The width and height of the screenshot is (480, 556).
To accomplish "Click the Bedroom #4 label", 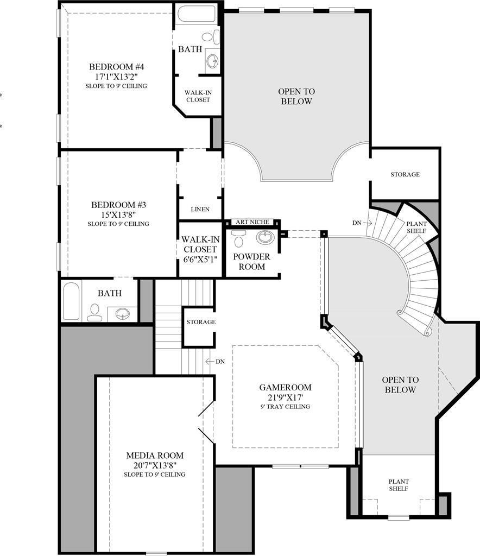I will point(117,67).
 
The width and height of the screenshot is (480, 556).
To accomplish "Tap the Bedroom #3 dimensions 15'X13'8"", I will point(118,214).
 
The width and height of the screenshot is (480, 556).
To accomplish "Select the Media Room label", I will point(155,456).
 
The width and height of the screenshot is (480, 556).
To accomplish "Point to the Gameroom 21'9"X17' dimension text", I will point(285,397).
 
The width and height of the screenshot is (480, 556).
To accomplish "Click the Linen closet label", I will point(200,209).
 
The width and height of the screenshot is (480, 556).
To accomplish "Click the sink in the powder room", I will point(265,238).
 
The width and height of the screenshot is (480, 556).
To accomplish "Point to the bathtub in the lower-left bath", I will point(71,301).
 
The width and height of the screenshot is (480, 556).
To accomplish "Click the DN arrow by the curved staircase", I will point(362,223).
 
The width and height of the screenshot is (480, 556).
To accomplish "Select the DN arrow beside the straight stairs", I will point(215,361).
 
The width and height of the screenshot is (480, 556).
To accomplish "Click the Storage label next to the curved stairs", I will point(405,174).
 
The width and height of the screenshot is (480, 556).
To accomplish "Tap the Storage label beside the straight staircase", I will point(201,322).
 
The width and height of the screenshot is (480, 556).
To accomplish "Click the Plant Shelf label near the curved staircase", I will point(417,227).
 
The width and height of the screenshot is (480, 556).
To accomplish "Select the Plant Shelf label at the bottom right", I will point(399,485).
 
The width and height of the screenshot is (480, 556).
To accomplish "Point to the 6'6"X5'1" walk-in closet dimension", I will point(200,259).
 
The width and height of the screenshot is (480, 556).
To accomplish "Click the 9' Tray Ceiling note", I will point(285,407).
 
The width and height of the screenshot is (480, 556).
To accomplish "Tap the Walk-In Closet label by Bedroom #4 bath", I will point(198,96).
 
